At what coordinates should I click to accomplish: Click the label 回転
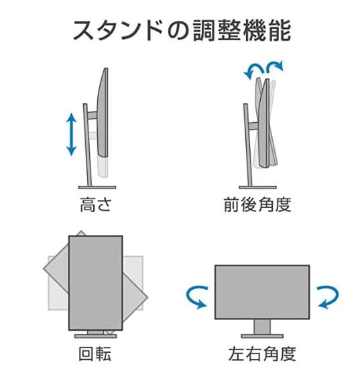(x=95, y=354)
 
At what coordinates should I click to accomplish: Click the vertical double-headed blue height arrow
(x=71, y=135)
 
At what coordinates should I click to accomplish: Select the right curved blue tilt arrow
(x=274, y=66)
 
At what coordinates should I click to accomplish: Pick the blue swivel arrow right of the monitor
(x=327, y=296)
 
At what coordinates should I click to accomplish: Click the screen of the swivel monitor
(x=261, y=290)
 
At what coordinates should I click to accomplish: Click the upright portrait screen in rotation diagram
(x=96, y=282)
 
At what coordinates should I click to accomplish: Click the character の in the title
(x=170, y=30)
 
